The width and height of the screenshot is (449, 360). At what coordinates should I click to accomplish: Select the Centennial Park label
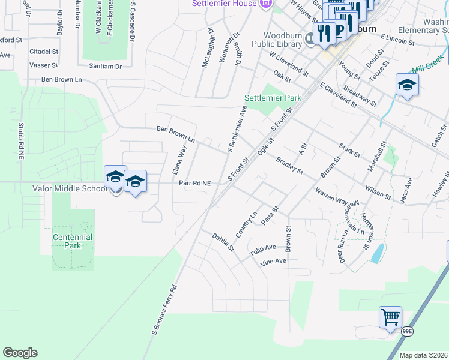(x=72, y=241)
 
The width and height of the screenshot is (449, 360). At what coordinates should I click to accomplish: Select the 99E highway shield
(x=407, y=331)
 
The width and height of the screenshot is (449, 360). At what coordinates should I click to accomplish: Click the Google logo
(x=20, y=353)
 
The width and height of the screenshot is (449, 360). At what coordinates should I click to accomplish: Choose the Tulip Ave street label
(x=263, y=248)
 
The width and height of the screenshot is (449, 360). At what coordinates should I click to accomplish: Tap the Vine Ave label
(x=273, y=262)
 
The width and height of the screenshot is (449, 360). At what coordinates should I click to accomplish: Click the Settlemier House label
(x=223, y=3)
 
